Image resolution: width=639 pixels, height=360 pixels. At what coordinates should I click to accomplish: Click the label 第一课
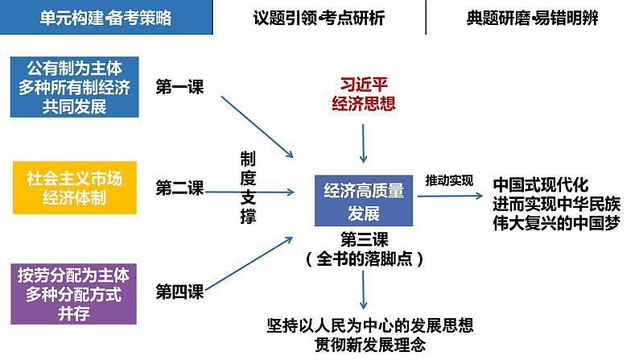[179, 88]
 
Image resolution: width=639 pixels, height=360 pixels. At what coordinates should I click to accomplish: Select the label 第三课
[365, 239]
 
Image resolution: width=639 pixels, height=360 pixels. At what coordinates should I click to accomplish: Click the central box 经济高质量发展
[364, 201]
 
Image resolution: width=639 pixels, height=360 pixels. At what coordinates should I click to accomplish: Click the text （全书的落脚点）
[365, 259]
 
